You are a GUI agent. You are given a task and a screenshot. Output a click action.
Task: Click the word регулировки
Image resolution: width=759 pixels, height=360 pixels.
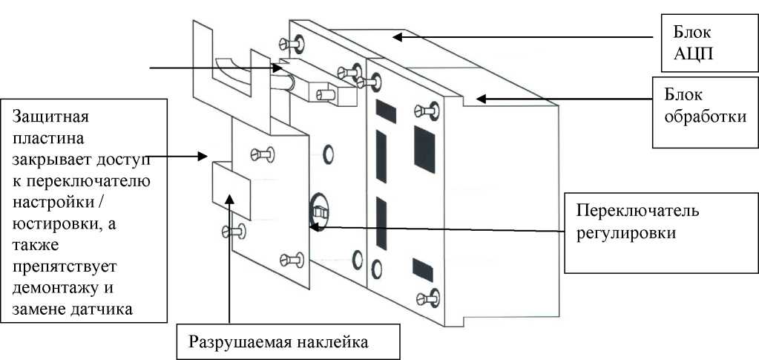click(x=626, y=232)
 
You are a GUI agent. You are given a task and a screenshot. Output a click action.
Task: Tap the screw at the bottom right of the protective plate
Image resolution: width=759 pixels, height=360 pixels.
click(x=286, y=259)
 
